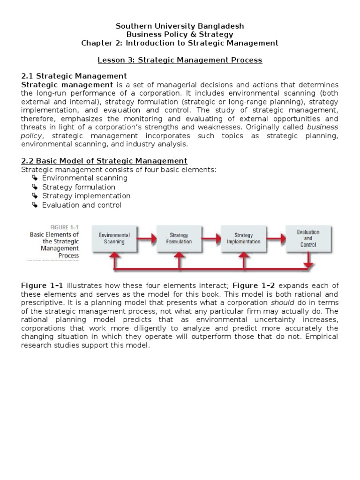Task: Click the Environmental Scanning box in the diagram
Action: [x=114, y=239]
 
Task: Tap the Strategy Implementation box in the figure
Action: [x=243, y=239]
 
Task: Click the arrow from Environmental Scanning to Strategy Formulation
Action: [x=146, y=239]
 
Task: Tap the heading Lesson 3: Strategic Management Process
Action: [x=180, y=60]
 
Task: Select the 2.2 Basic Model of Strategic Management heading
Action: [x=105, y=161]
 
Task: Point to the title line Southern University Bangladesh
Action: [x=180, y=26]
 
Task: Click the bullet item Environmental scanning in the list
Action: [x=84, y=178]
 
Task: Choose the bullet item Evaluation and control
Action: [x=82, y=205]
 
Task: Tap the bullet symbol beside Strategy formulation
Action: [x=35, y=187]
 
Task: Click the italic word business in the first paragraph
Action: [x=322, y=127]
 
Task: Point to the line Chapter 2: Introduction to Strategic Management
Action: [x=180, y=43]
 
